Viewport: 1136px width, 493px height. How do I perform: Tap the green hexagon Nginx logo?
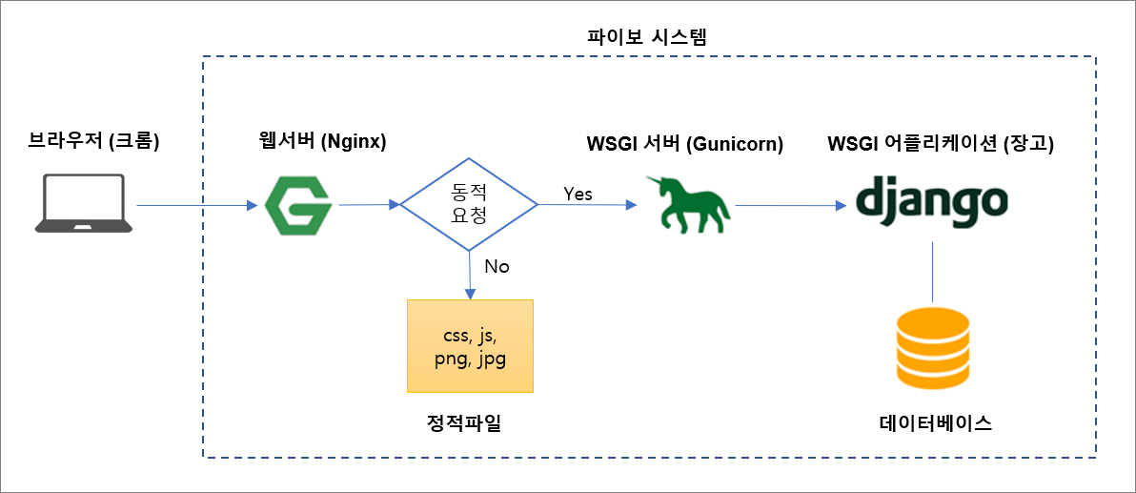pyautogui.click(x=297, y=205)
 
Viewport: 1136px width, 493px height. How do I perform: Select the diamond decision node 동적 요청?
pyautogui.click(x=468, y=204)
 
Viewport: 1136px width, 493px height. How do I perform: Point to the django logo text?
pyautogui.click(x=931, y=202)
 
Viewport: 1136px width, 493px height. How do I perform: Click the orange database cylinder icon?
pyautogui.click(x=931, y=349)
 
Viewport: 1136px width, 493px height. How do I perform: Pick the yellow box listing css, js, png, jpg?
pyautogui.click(x=470, y=346)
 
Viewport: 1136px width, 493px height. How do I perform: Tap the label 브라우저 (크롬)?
pyautogui.click(x=93, y=143)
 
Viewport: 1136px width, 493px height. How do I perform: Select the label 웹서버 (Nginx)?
pyautogui.click(x=321, y=143)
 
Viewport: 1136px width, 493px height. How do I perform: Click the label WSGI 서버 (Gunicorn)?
pyautogui.click(x=684, y=145)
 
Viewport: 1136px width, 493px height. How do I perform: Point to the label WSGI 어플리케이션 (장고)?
pyautogui.click(x=941, y=145)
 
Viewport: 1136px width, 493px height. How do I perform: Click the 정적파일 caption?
pyautogui.click(x=464, y=423)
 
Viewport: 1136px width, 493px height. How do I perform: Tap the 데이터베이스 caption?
pyautogui.click(x=935, y=423)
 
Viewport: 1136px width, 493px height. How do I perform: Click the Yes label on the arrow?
pyautogui.click(x=578, y=194)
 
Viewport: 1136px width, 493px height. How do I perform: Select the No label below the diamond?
pyautogui.click(x=497, y=266)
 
